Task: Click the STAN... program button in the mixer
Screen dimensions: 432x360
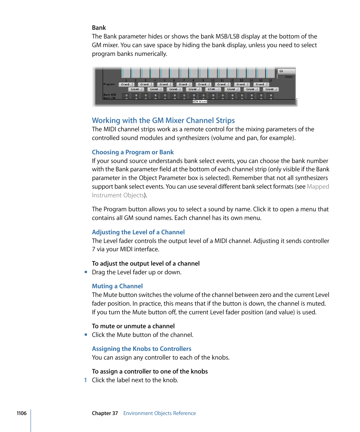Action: (212, 89)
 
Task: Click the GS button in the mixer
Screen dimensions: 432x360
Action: (286, 71)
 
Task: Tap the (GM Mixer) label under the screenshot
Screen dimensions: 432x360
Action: (200, 101)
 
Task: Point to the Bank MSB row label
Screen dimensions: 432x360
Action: (109, 95)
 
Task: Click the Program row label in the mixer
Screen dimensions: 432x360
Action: (109, 84)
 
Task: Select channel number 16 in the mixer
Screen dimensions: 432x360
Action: (271, 80)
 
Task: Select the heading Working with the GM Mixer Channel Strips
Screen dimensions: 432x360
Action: (163, 120)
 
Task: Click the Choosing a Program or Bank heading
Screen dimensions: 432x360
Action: (133, 152)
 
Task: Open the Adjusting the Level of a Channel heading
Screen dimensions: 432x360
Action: (138, 232)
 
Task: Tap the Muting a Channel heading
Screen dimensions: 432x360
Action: (117, 286)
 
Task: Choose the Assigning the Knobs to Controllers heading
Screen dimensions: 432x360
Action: (142, 349)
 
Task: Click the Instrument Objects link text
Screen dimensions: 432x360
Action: (118, 195)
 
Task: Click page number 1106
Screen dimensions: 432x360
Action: (22, 413)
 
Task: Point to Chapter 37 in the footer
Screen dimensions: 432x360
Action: (105, 413)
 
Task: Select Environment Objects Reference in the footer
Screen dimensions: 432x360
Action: (159, 413)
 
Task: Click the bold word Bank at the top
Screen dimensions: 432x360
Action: (99, 28)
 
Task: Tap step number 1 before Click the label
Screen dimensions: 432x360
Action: (86, 380)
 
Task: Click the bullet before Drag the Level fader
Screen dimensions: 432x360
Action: (86, 272)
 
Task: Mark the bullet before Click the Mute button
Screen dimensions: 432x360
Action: (86, 335)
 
